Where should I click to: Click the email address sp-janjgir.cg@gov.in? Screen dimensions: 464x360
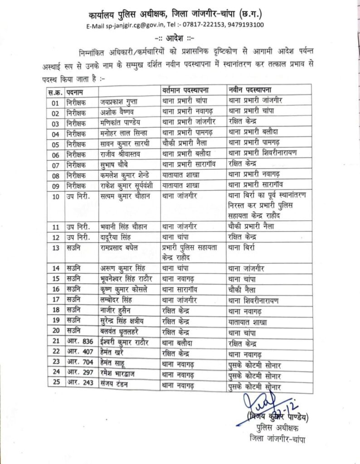pos(136,25)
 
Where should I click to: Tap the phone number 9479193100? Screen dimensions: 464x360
pos(247,25)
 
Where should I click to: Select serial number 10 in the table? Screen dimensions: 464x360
pos(56,197)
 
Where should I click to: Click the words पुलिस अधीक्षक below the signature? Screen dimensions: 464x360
pos(274,427)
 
